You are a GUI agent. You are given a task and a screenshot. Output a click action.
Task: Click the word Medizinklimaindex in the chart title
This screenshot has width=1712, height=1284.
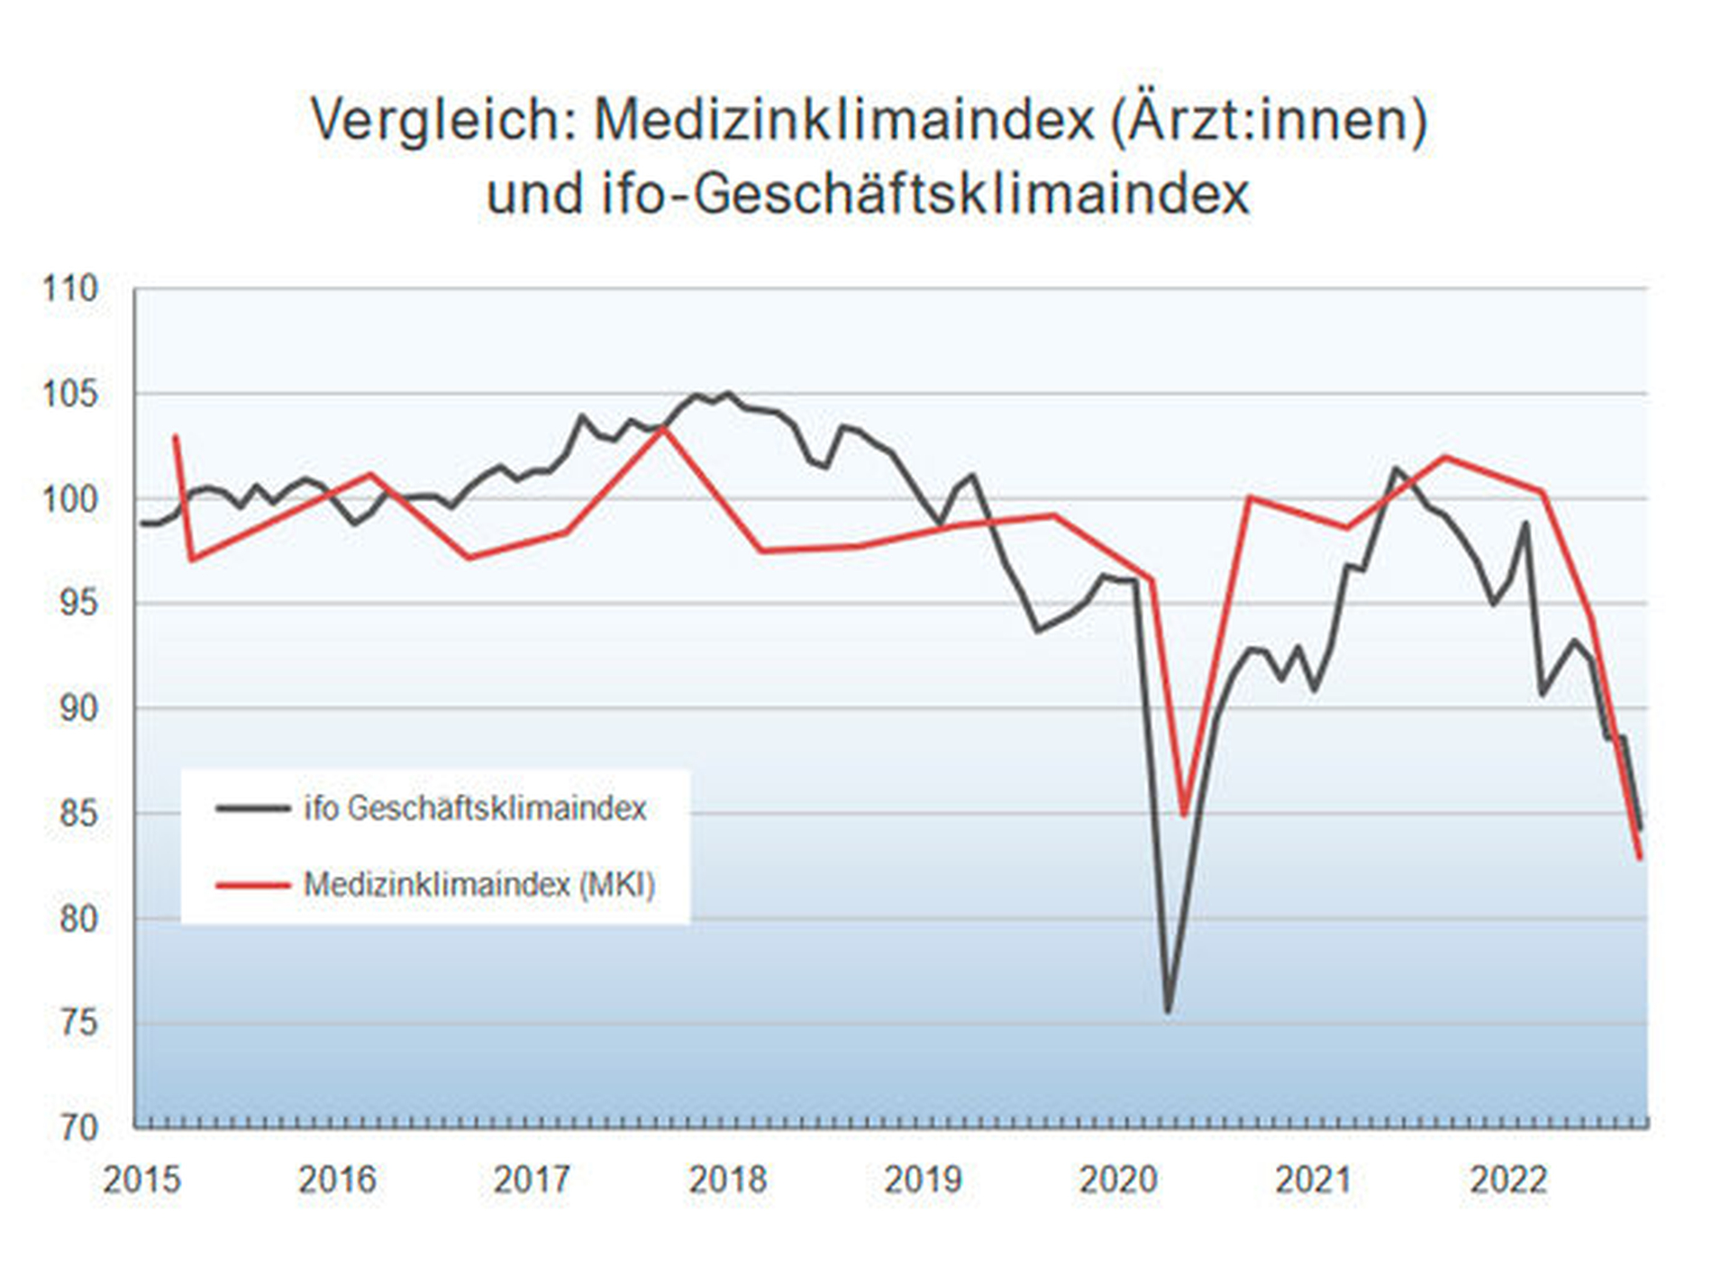(x=843, y=120)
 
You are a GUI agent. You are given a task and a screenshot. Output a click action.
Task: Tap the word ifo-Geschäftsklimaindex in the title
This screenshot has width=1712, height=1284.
(x=926, y=195)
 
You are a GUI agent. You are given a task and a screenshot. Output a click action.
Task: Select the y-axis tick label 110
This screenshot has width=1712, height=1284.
(x=69, y=289)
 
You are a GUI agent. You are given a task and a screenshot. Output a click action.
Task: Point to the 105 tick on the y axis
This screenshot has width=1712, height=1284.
(x=69, y=394)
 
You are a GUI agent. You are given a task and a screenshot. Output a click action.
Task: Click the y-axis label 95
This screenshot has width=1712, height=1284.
(x=77, y=603)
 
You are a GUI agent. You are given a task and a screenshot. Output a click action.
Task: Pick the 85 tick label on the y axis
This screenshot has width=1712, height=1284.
(x=77, y=814)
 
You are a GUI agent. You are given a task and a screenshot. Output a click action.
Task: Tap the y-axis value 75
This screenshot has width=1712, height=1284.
(x=77, y=1024)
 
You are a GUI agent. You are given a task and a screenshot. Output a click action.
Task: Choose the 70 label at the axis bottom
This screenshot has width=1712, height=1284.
(x=77, y=1127)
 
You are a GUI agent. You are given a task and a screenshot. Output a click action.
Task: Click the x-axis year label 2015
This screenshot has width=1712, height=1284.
(x=141, y=1180)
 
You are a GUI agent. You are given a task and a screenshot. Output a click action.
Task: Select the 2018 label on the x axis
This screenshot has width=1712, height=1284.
(x=727, y=1180)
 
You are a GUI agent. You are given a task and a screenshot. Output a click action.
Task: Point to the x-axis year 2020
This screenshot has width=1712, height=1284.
(x=1118, y=1180)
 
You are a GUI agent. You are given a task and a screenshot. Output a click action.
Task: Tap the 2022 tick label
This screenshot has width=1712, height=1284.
(x=1508, y=1180)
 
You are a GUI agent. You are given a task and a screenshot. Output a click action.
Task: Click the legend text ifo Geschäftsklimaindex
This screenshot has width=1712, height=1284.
(x=475, y=808)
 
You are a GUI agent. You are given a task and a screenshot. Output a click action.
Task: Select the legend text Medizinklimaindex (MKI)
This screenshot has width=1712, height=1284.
(x=478, y=884)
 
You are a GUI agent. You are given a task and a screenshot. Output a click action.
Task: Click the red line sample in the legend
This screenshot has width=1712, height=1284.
(x=252, y=885)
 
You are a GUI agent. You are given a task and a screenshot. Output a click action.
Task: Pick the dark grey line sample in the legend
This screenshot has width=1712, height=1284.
(x=252, y=808)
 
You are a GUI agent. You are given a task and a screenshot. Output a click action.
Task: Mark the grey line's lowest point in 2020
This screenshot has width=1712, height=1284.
(x=1168, y=1011)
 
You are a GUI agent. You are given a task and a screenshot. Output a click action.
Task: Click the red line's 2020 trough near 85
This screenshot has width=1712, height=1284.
(x=1184, y=815)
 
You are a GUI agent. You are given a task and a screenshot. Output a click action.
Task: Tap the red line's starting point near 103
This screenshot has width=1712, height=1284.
(x=175, y=437)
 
